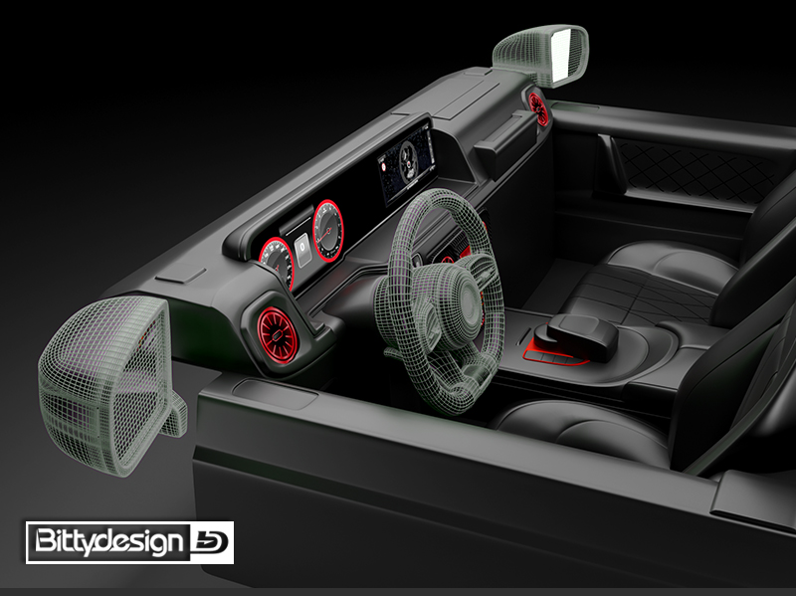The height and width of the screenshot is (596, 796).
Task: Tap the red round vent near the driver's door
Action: pyautogui.click(x=277, y=335)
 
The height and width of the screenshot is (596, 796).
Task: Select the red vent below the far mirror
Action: pyautogui.click(x=537, y=107)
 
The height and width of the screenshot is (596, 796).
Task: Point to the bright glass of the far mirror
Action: pyautogui.click(x=563, y=54)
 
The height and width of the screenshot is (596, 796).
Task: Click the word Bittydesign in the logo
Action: pyautogui.click(x=108, y=541)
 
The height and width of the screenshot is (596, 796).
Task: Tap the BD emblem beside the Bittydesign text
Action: pyautogui.click(x=211, y=542)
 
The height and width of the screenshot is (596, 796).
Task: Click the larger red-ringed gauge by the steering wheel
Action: pyautogui.click(x=328, y=231)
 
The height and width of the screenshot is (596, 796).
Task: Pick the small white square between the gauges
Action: pyautogui.click(x=303, y=250)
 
